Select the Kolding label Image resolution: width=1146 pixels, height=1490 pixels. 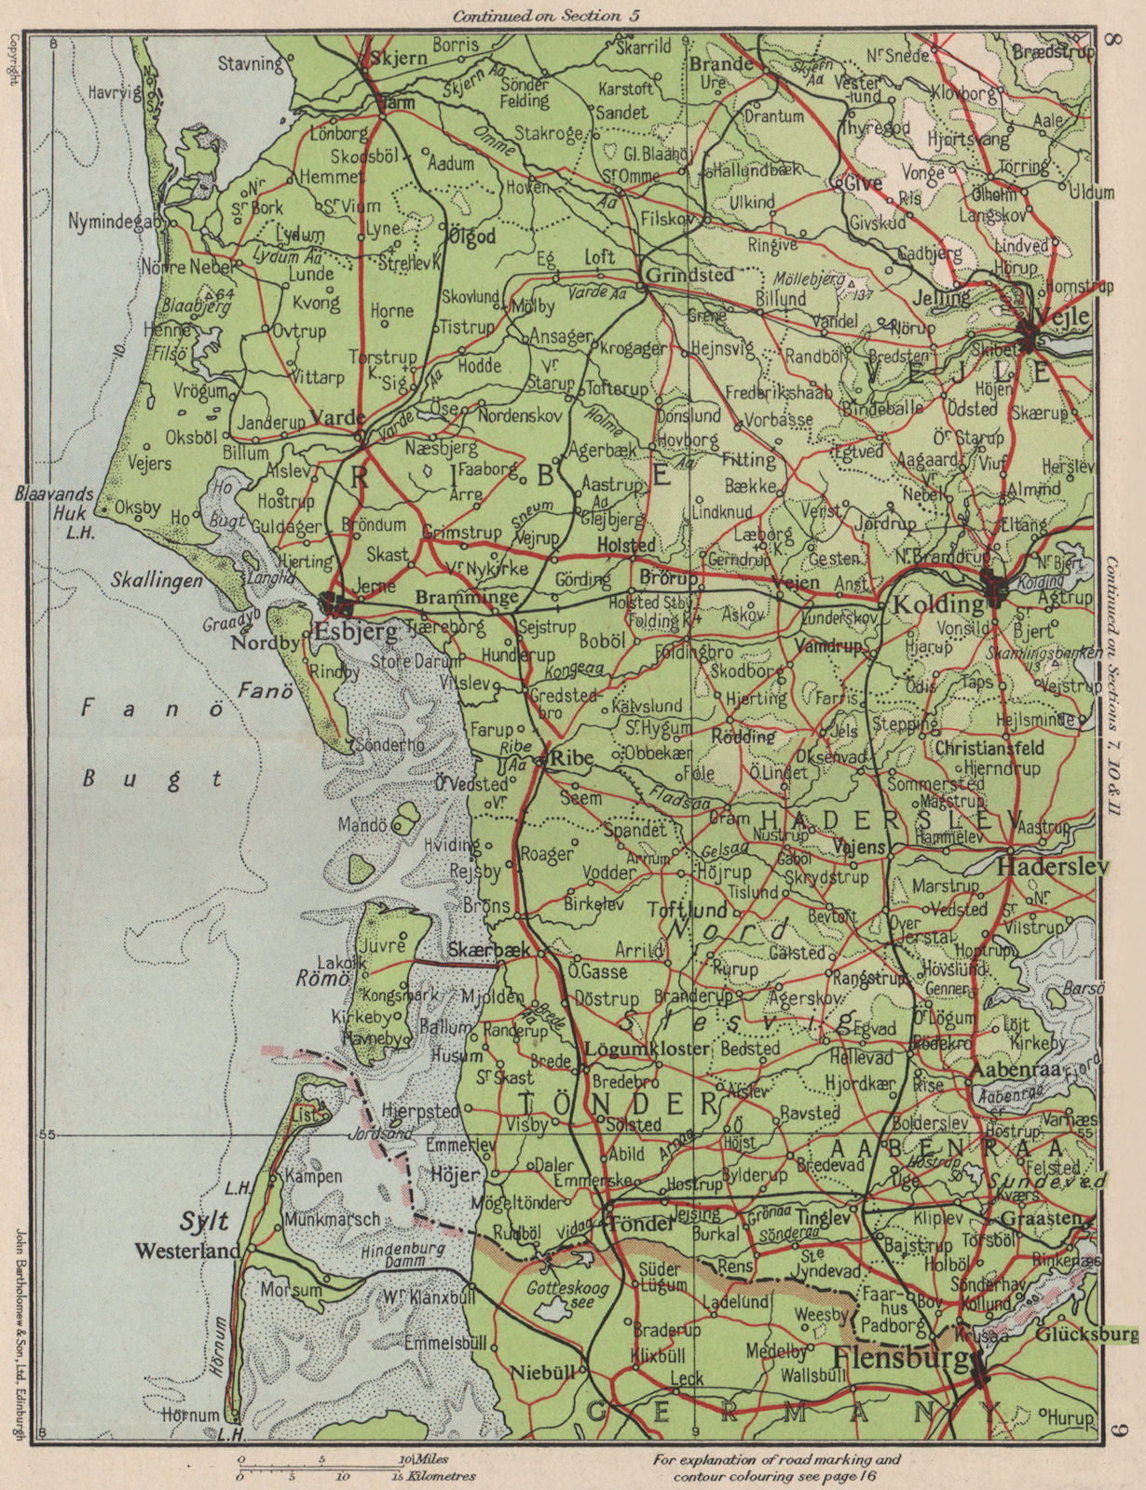click(x=938, y=603)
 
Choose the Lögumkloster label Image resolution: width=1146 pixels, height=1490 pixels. click(x=647, y=1048)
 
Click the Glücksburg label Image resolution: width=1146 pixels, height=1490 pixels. click(x=1085, y=1334)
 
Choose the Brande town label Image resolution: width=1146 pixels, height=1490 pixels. click(x=720, y=63)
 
